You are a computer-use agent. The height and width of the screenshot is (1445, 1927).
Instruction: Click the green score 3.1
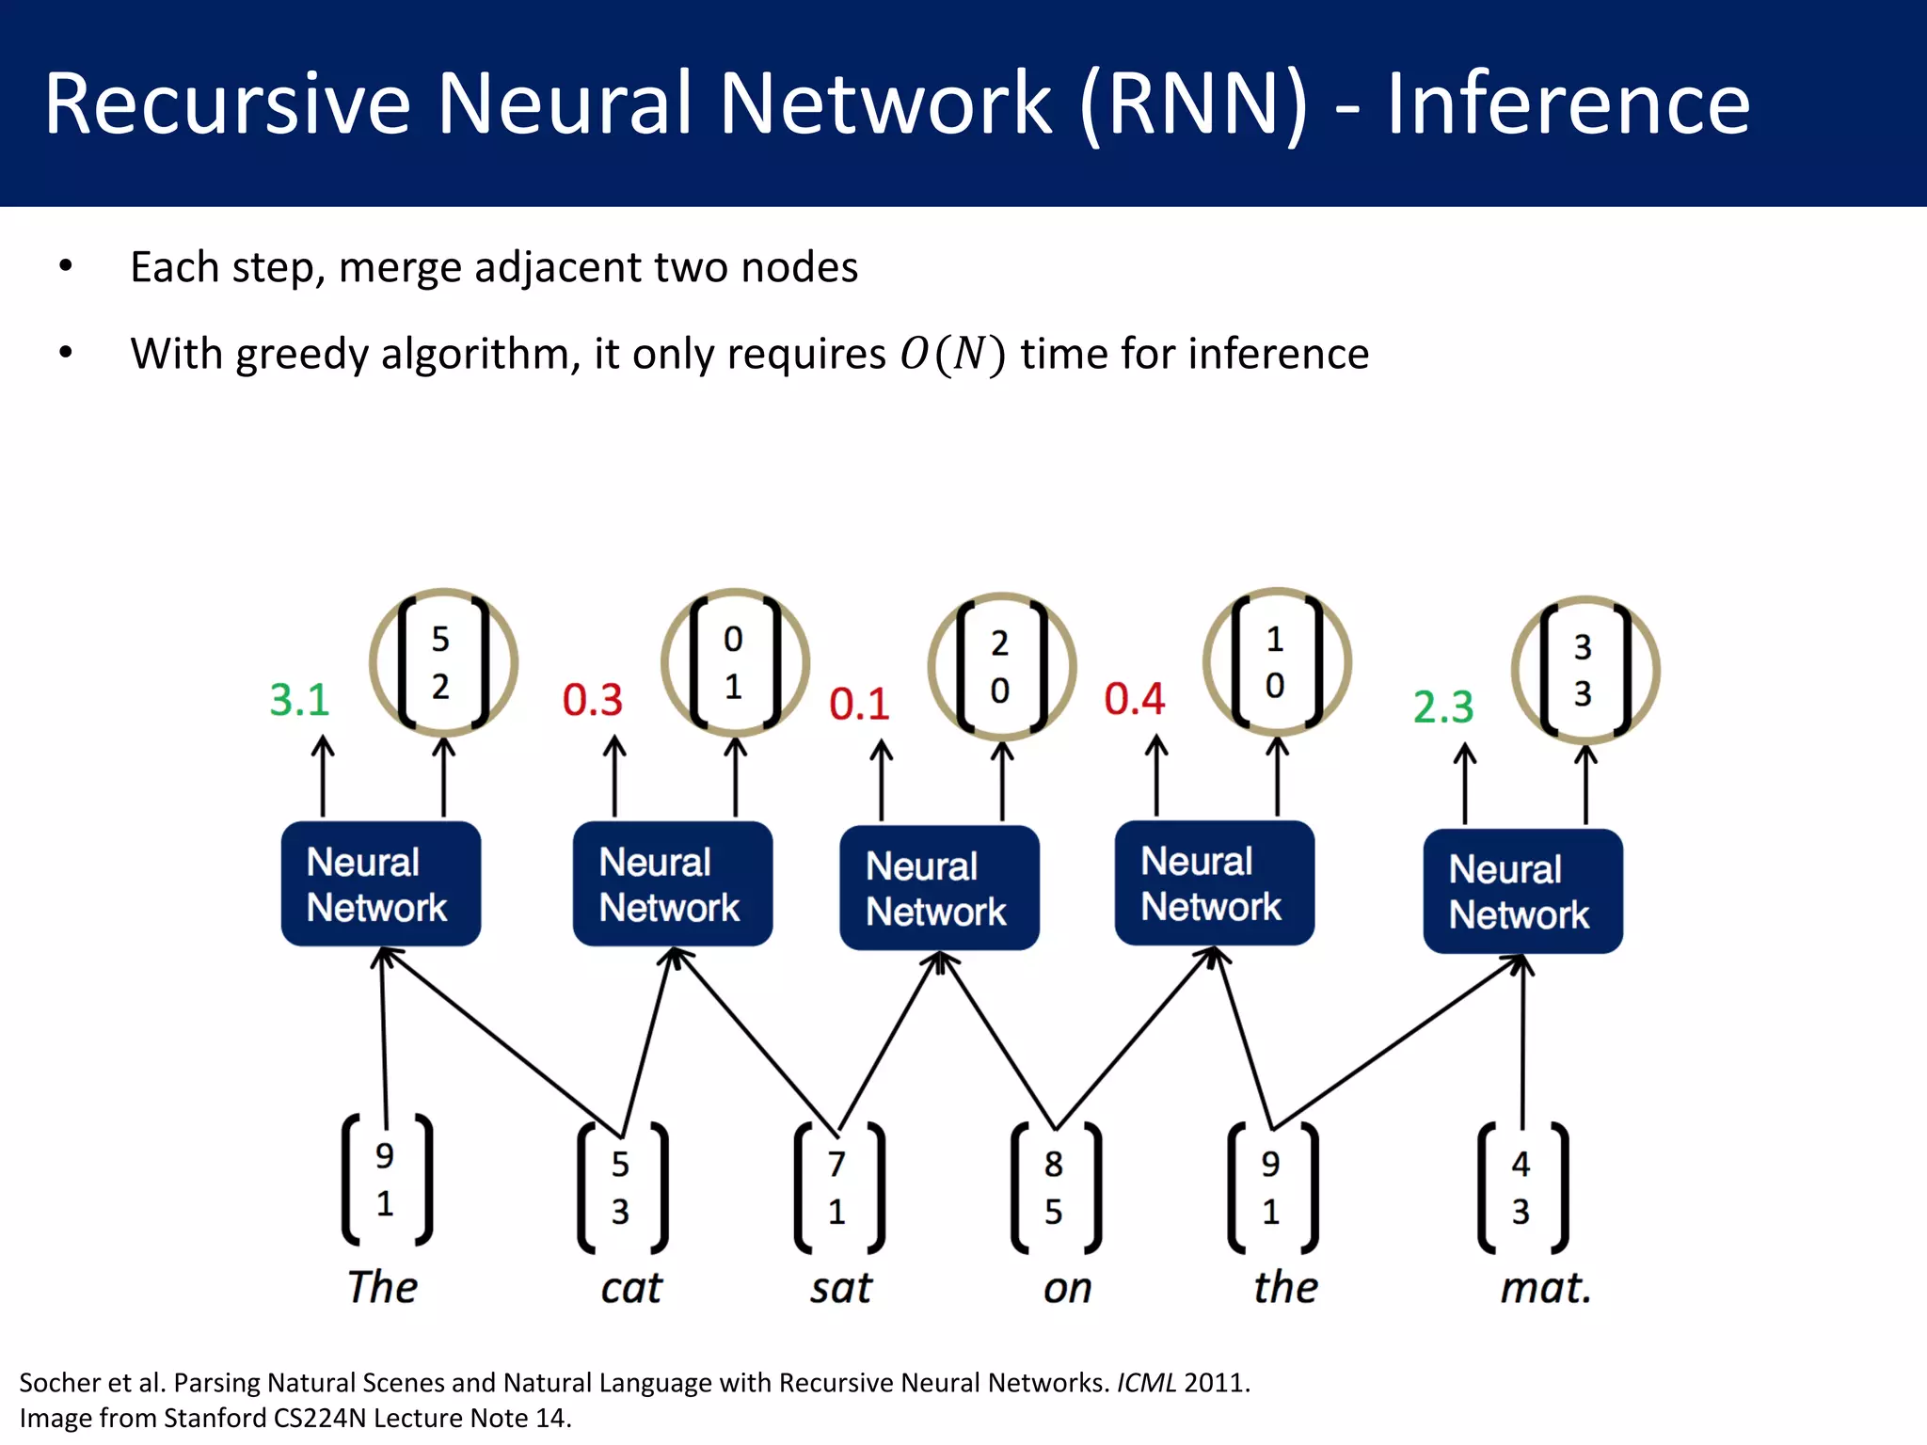pyautogui.click(x=299, y=700)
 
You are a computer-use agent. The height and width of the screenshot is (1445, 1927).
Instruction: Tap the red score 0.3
pyautogui.click(x=593, y=700)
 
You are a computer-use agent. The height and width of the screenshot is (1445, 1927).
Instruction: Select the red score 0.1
pyautogui.click(x=859, y=704)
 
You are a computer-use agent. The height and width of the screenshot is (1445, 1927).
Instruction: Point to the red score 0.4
pyautogui.click(x=1134, y=699)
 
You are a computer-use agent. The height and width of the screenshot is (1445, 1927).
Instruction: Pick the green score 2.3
pyautogui.click(x=1443, y=707)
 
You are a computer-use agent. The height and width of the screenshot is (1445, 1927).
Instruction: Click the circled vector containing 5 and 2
pyautogui.click(x=442, y=662)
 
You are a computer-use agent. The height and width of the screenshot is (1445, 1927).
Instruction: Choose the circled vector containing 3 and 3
pyautogui.click(x=1585, y=670)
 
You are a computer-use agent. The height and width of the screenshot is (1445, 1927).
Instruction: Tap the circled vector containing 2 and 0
pyautogui.click(x=1001, y=666)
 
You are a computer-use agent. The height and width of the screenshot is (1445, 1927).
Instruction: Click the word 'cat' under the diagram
pyautogui.click(x=631, y=1288)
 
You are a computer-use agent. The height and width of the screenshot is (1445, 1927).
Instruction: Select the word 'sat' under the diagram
pyautogui.click(x=841, y=1288)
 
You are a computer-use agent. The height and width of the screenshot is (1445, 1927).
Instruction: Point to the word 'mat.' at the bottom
pyautogui.click(x=1545, y=1288)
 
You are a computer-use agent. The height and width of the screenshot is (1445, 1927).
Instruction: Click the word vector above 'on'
pyautogui.click(x=1054, y=1188)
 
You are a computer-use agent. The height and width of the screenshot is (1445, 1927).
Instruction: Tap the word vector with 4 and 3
pyautogui.click(x=1521, y=1188)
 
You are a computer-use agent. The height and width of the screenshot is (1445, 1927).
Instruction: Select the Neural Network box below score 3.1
pyautogui.click(x=381, y=884)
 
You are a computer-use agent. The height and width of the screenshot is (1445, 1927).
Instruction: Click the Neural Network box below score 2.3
pyautogui.click(x=1522, y=891)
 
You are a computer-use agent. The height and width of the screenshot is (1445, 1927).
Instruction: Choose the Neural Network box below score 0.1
pyautogui.click(x=939, y=888)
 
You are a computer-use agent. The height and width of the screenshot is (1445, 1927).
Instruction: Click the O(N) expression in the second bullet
pyautogui.click(x=952, y=355)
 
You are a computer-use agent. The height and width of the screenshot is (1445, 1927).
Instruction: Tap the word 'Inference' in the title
pyautogui.click(x=1568, y=103)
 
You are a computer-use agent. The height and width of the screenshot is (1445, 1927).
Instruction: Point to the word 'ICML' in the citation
pyautogui.click(x=1146, y=1383)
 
